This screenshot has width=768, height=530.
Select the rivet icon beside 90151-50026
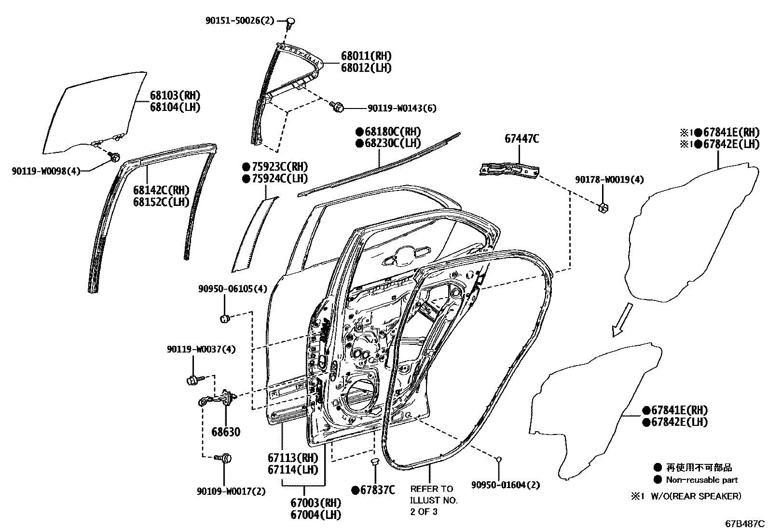click(291, 21)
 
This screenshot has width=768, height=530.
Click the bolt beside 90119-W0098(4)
click(114, 157)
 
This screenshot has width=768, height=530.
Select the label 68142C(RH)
click(161, 190)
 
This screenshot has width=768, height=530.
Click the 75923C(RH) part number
click(274, 167)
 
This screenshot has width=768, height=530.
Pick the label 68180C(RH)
click(388, 132)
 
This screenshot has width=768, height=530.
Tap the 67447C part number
click(521, 139)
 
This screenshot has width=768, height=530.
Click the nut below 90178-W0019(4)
click(603, 207)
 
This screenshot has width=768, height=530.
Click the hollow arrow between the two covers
click(621, 319)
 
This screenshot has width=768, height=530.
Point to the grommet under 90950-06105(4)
click(224, 318)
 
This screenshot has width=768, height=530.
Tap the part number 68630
click(226, 432)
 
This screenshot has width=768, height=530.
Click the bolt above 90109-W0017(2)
click(226, 457)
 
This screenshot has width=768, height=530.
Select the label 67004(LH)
click(315, 514)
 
